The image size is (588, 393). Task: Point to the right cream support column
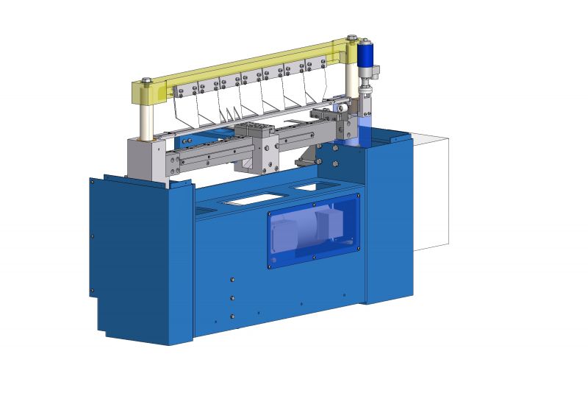(351, 81)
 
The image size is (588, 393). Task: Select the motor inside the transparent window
(309, 228)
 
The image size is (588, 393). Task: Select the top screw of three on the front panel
(232, 279)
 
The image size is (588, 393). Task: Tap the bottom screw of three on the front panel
(232, 316)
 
